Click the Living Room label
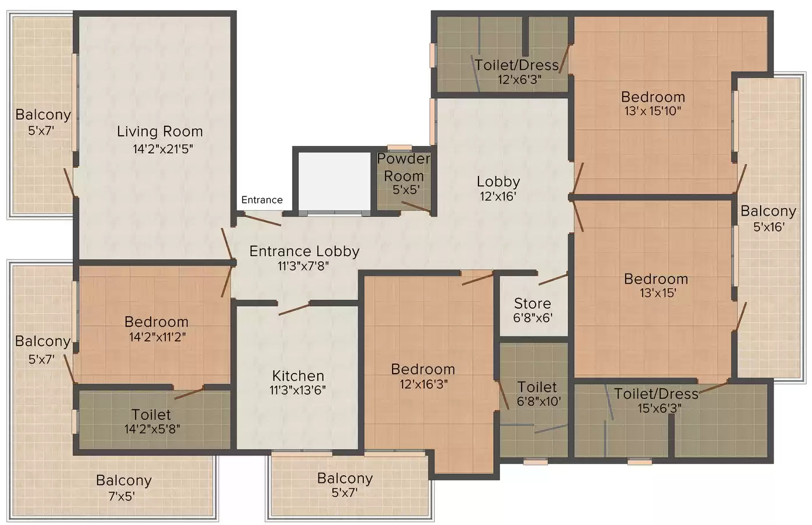pos(159,132)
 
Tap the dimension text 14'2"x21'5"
pos(162,148)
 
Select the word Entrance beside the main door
pos(262,200)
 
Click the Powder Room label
pos(403,167)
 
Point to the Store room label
pos(532,303)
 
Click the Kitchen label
pos(298,376)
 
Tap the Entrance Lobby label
pos(304,251)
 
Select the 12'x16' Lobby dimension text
pos(498,196)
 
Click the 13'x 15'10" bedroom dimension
pos(653,111)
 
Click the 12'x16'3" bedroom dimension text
pos(424,384)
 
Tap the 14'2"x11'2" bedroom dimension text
pos(157,337)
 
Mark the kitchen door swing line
pos(294,309)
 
